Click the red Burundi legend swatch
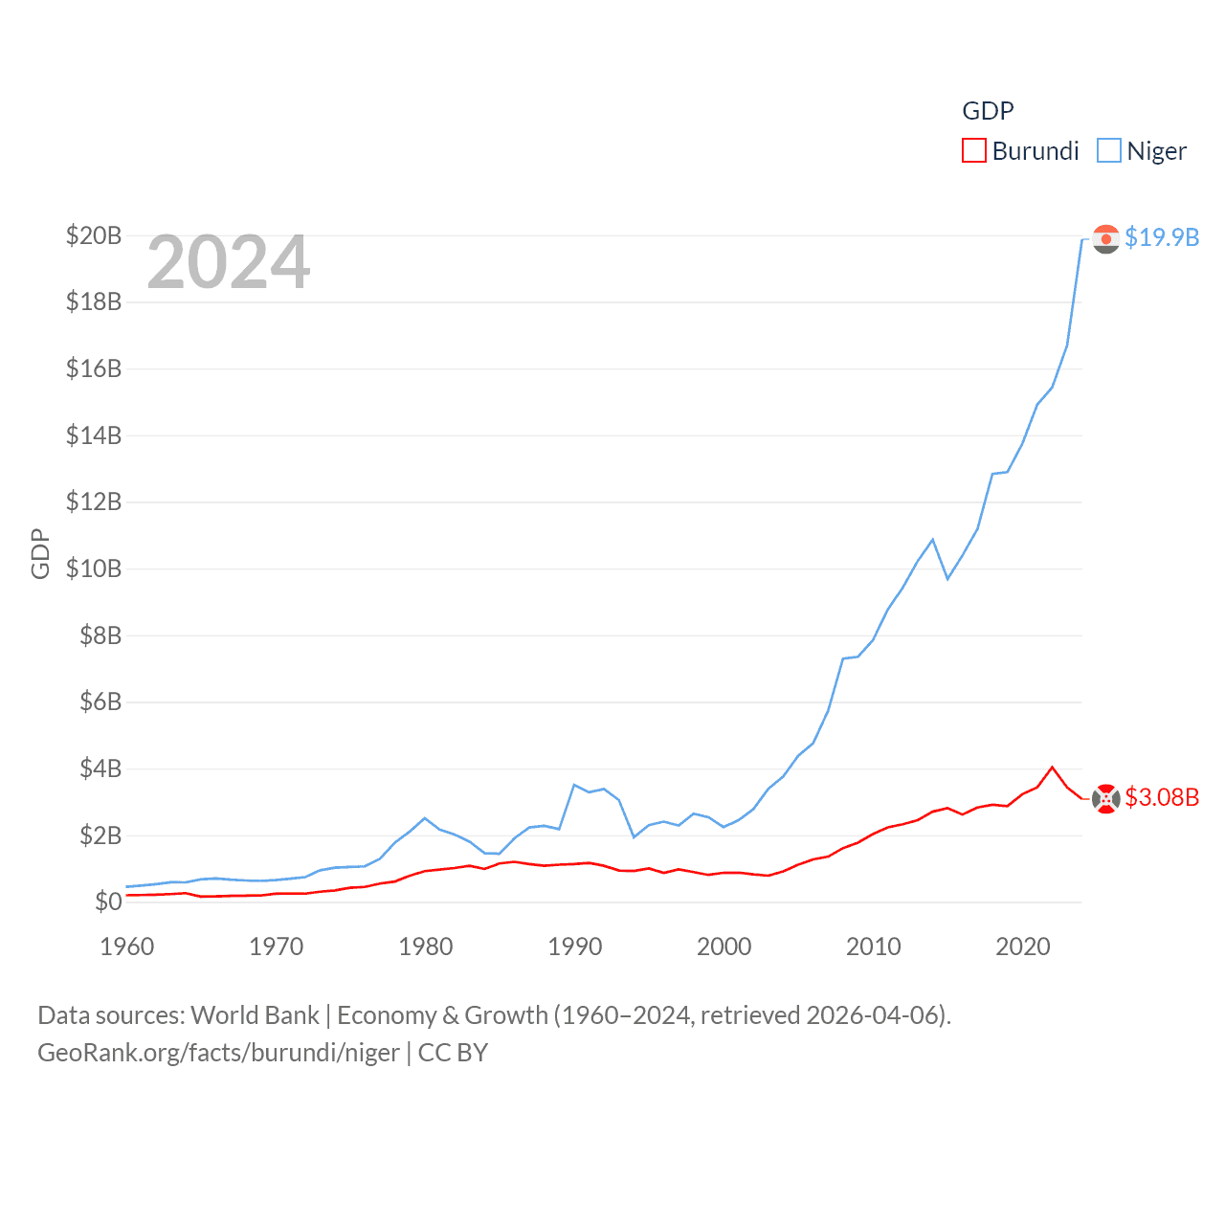pyautogui.click(x=973, y=151)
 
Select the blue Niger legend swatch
pyautogui.click(x=1108, y=151)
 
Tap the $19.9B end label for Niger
pyautogui.click(x=1162, y=237)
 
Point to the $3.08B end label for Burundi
pyautogui.click(x=1162, y=797)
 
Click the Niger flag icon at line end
pyautogui.click(x=1106, y=238)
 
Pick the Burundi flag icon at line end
pyautogui.click(x=1106, y=798)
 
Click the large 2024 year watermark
pyautogui.click(x=229, y=262)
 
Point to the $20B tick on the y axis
pyautogui.click(x=94, y=235)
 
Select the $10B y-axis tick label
pyautogui.click(x=94, y=568)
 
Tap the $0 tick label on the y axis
pyautogui.click(x=108, y=902)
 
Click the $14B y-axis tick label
pyautogui.click(x=94, y=435)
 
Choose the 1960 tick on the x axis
pyautogui.click(x=127, y=947)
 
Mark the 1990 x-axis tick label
pyautogui.click(x=575, y=947)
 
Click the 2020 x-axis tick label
pyautogui.click(x=1023, y=947)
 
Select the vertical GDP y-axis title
pyautogui.click(x=40, y=553)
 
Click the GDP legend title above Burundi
pyautogui.click(x=988, y=111)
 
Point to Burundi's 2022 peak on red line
pyautogui.click(x=1053, y=768)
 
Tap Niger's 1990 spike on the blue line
pyautogui.click(x=574, y=785)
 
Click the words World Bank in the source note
pyautogui.click(x=255, y=1015)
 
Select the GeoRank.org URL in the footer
pyautogui.click(x=218, y=1053)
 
